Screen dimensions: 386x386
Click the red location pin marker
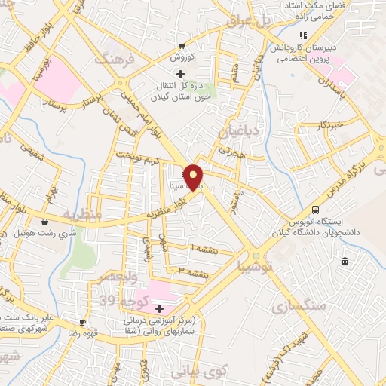pos(194,178)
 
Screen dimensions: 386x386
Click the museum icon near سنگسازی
pos(345,261)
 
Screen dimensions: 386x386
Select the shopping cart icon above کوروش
pos(182,44)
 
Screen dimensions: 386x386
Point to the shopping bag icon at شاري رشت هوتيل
pos(46,222)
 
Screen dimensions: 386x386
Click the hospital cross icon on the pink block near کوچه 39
pos(159,308)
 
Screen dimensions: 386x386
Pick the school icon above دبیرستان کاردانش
pos(303,35)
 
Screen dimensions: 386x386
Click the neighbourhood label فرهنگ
pos(115,59)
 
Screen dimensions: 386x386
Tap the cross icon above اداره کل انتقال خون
pos(180,74)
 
